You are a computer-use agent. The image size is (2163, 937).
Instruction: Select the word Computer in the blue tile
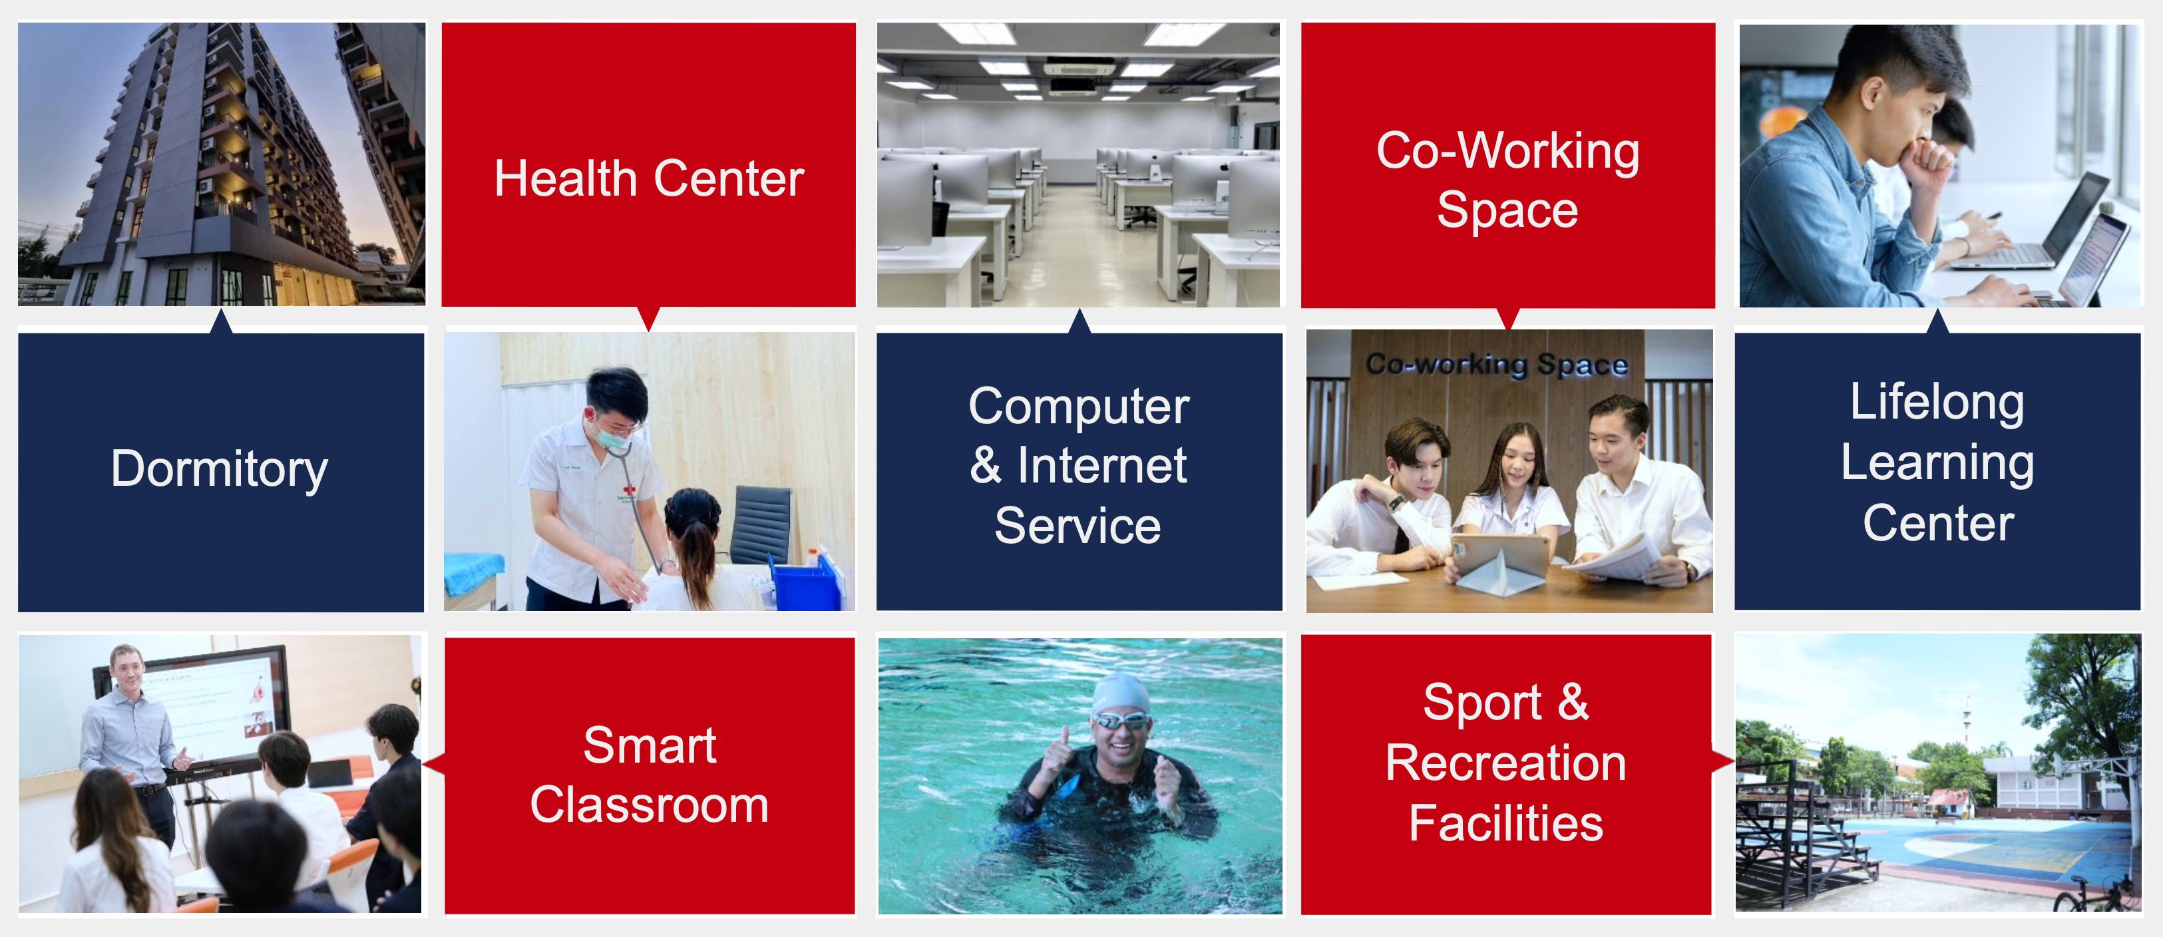pyautogui.click(x=1079, y=407)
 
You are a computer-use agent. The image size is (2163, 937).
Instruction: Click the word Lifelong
pyautogui.click(x=1937, y=402)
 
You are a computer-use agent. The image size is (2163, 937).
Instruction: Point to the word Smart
pyautogui.click(x=650, y=745)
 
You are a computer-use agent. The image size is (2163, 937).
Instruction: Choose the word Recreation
pyautogui.click(x=1505, y=763)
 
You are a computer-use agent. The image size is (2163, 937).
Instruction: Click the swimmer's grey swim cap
pyautogui.click(x=1121, y=693)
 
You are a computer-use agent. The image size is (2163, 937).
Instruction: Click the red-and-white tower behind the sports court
pyautogui.click(x=1967, y=719)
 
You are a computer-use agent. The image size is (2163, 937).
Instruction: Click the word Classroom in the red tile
pyautogui.click(x=649, y=805)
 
